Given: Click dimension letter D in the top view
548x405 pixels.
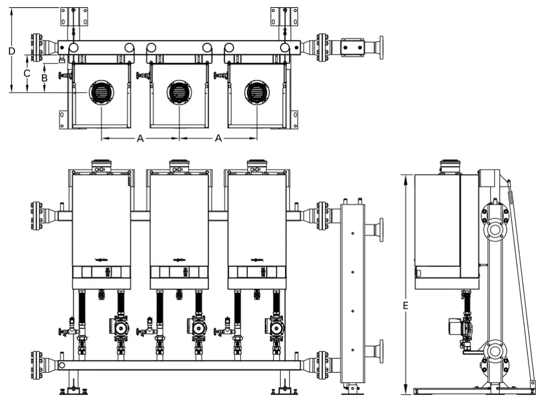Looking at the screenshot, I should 11,51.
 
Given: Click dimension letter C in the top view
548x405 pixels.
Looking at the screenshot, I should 26,73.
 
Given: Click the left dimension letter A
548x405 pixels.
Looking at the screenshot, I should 140,138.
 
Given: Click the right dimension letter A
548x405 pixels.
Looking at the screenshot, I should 219,138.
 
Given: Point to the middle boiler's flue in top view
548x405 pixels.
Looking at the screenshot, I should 179,92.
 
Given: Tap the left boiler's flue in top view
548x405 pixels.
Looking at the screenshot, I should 101,92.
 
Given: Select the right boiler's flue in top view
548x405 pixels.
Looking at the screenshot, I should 257,92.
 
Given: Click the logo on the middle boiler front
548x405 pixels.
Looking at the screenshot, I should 179,259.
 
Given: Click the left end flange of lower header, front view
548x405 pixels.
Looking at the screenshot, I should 37,365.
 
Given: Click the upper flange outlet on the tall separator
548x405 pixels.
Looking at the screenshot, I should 379,230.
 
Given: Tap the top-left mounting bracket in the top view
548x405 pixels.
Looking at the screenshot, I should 74,17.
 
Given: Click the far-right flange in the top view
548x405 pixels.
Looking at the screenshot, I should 380,48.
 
